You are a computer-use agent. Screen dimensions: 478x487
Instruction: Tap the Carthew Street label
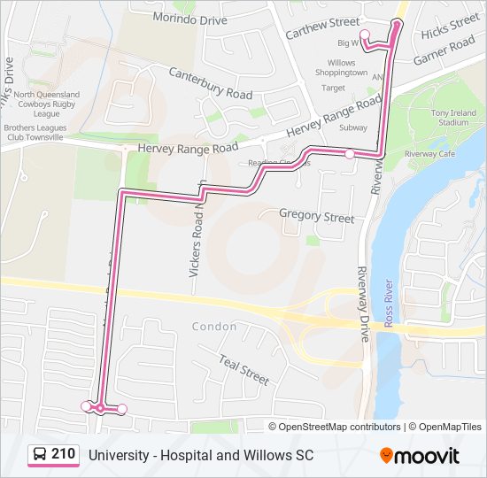pyautogui.click(x=323, y=27)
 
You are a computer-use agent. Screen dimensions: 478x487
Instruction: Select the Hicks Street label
pyautogui.click(x=450, y=27)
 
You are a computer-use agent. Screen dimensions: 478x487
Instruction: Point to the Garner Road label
pyautogui.click(x=444, y=51)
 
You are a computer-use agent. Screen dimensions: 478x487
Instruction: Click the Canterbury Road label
pyautogui.click(x=210, y=84)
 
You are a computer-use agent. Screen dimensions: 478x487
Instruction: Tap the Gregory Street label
pyautogui.click(x=316, y=217)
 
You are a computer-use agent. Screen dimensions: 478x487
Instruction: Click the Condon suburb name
pyautogui.click(x=214, y=327)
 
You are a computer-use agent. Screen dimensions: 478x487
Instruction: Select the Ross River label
pyautogui.click(x=388, y=302)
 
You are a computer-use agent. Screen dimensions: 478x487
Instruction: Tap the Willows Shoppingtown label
pyautogui.click(x=341, y=68)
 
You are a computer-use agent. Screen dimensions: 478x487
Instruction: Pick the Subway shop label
pyautogui.click(x=352, y=127)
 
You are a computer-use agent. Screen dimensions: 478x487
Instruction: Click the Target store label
pyautogui.click(x=334, y=88)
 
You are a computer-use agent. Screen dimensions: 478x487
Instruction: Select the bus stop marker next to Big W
pyautogui.click(x=365, y=34)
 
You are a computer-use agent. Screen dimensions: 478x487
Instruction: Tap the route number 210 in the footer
pyautogui.click(x=63, y=454)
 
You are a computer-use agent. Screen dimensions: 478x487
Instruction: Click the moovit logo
pyautogui.click(x=420, y=456)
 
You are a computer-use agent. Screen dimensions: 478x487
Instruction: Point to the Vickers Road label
pyautogui.click(x=197, y=235)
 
